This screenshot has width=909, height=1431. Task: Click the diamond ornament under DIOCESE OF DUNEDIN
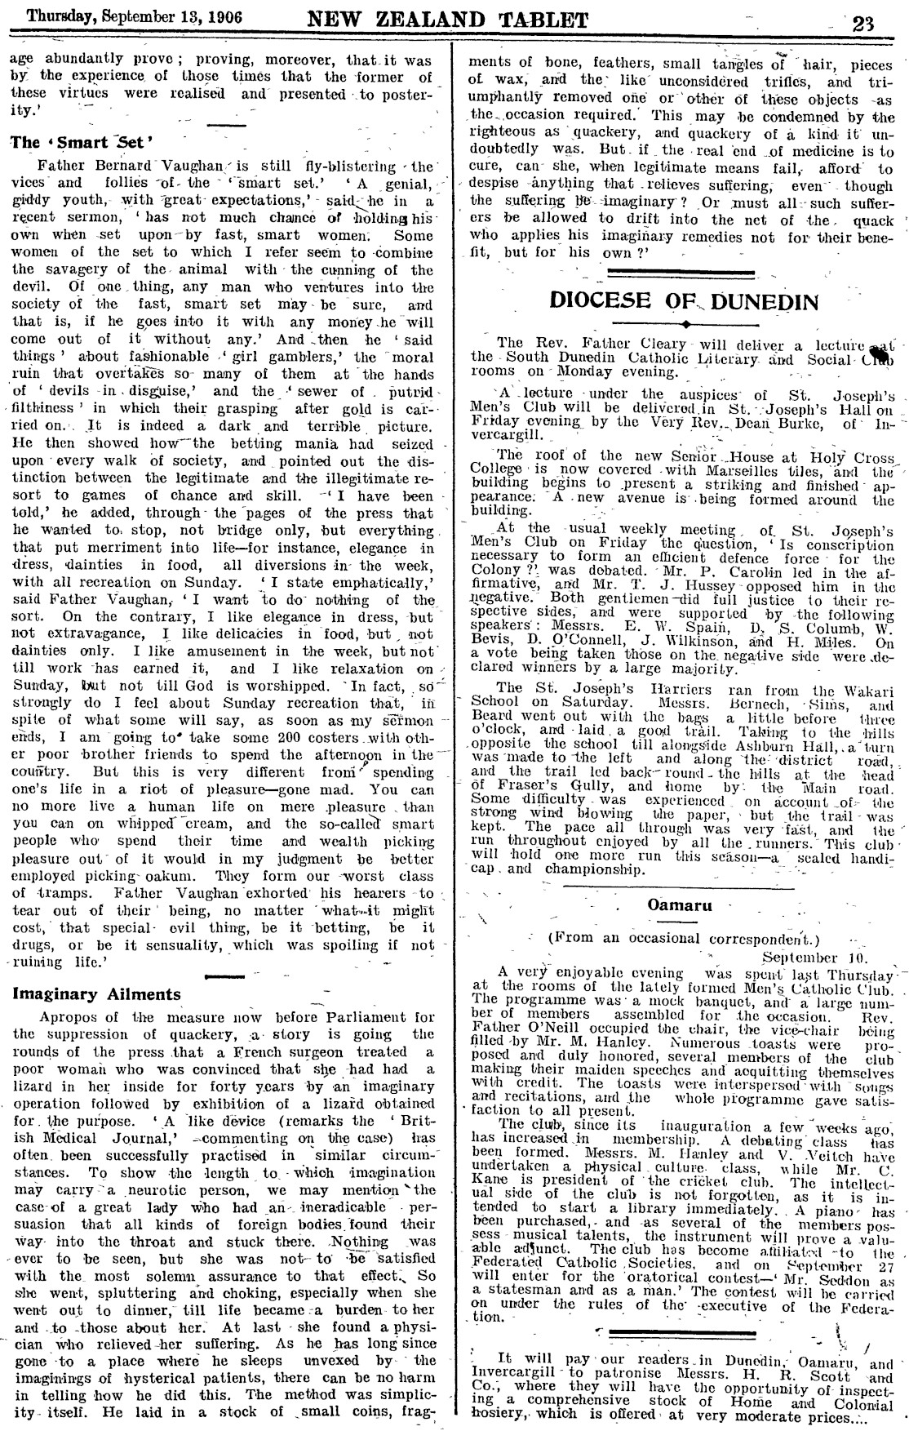[x=684, y=324]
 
